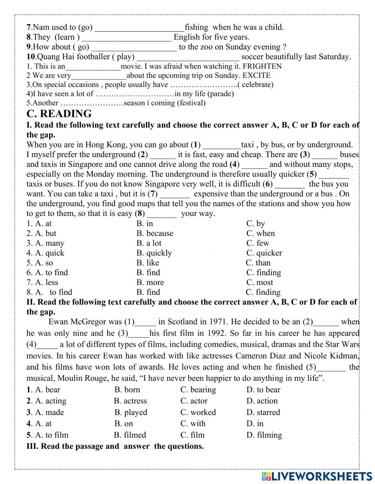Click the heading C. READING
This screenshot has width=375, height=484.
(x=59, y=114)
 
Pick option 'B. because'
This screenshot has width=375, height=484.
(x=155, y=233)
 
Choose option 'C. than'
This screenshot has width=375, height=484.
(x=258, y=263)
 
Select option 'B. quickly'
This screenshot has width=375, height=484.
(x=154, y=253)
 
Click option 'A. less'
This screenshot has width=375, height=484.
(x=42, y=282)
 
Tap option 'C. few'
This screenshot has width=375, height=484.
(x=258, y=243)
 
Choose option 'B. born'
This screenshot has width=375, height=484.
(x=127, y=390)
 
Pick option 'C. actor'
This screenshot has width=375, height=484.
(x=194, y=401)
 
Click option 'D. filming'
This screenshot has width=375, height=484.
(x=264, y=435)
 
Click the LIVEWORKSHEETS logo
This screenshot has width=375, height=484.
(x=316, y=476)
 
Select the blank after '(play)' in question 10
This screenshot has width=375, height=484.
(x=187, y=57)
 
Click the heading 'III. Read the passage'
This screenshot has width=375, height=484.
(x=115, y=446)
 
